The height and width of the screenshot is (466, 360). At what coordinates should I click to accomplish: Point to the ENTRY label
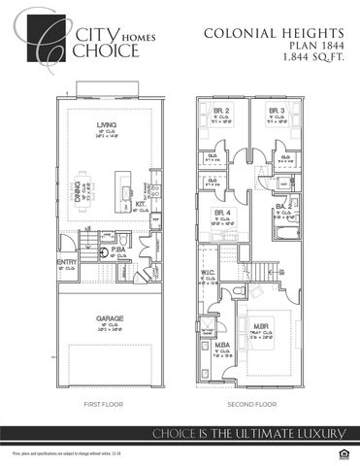[66, 262]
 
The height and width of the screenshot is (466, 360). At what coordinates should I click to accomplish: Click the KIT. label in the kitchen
[141, 204]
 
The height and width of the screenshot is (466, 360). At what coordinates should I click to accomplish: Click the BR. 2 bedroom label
[221, 112]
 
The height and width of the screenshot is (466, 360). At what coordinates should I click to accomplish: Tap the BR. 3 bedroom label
[276, 112]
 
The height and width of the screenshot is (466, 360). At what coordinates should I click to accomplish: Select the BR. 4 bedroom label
[221, 212]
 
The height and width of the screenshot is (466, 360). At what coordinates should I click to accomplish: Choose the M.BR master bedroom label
[261, 326]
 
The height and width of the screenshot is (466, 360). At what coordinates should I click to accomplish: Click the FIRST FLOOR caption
[105, 403]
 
